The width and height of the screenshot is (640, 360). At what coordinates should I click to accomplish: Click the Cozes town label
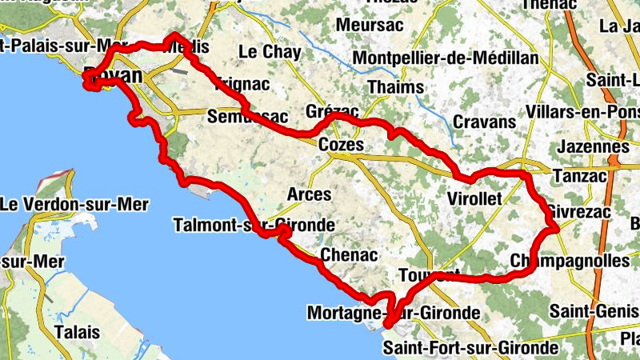341,146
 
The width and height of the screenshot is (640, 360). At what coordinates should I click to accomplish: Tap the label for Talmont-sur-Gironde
254,226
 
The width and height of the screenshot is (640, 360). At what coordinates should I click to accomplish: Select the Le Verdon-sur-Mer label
74,204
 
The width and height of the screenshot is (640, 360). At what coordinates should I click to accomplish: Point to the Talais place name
78,331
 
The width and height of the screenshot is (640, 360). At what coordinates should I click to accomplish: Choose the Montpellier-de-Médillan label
445,59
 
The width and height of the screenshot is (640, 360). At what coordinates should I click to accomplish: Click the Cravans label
484,122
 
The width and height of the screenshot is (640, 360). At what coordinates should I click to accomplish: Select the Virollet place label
474,198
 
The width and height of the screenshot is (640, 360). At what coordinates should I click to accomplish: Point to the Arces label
309,194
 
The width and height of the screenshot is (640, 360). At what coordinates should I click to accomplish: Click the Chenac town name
348,255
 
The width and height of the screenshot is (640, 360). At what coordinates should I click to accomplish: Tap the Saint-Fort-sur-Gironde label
470,348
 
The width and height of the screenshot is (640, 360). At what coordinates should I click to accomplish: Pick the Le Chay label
270,53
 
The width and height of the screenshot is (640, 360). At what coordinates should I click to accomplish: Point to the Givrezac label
577,211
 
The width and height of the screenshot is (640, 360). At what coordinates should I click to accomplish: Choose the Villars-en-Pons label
583,113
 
